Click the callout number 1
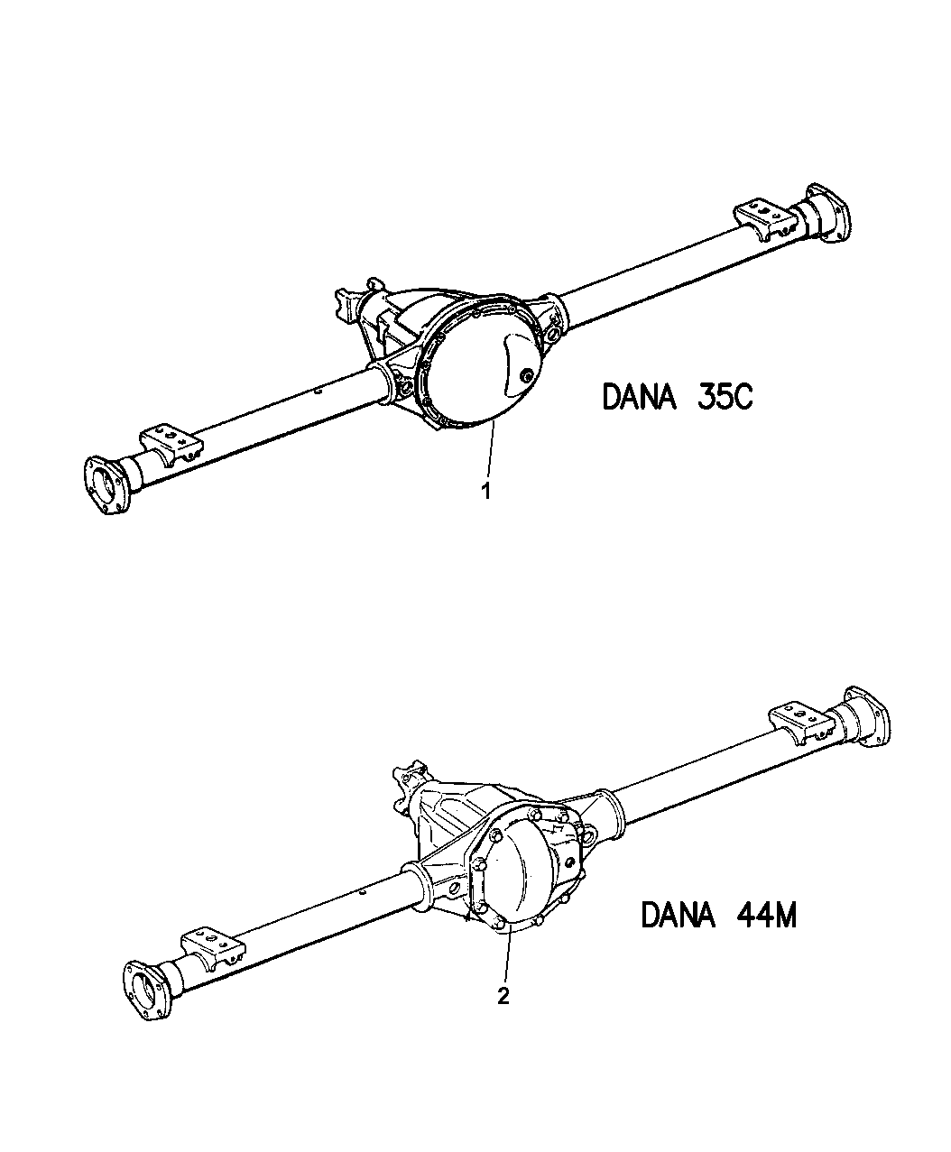point(486,491)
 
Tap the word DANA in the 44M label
point(679,916)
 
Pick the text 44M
point(766,916)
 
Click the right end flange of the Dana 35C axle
point(828,214)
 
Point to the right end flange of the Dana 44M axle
point(868,716)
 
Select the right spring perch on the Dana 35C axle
point(764,221)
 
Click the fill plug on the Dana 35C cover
point(526,376)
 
